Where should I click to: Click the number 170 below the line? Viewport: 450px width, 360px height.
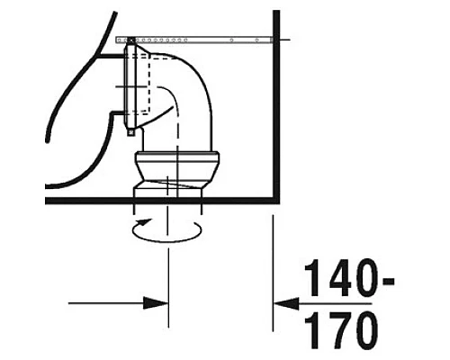(x=341, y=332)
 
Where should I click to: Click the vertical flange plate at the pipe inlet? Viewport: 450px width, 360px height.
(x=132, y=85)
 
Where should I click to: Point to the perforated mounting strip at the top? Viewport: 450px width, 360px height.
(x=198, y=40)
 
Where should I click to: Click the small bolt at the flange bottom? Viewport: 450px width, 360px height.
(x=131, y=131)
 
